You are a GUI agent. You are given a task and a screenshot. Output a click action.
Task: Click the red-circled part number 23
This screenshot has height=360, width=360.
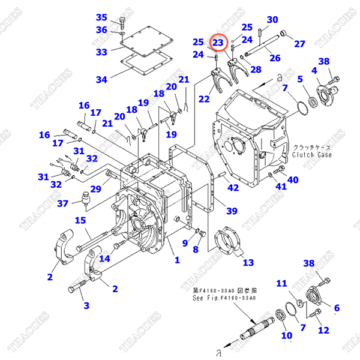tap(218, 43)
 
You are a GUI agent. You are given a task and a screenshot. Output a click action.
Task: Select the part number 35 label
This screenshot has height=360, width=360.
tap(101, 17)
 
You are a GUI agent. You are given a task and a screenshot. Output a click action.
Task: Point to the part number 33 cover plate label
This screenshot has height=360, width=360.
tap(101, 52)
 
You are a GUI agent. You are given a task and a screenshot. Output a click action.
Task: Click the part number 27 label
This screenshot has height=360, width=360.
tap(299, 43)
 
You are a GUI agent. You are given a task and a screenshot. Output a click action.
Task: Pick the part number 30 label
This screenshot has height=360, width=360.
tap(272, 20)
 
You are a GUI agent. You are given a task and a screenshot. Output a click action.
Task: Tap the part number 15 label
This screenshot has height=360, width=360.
tap(80, 220)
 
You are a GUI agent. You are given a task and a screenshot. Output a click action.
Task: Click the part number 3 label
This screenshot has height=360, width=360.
tap(86, 305)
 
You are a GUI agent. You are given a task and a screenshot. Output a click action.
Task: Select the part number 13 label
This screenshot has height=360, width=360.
tap(248, 262)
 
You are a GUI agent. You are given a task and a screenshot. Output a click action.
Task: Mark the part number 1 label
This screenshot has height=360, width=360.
tap(177, 260)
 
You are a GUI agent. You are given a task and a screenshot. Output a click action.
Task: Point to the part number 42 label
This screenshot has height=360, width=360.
tap(233, 188)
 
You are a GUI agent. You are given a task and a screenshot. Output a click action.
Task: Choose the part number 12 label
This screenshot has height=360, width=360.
tap(323, 330)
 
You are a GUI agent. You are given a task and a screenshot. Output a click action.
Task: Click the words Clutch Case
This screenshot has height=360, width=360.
tap(313, 155)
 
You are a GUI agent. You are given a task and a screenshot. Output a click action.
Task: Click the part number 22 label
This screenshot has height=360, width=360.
tap(205, 99)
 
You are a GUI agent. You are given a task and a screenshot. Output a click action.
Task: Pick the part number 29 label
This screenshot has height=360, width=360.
tap(95, 189)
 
